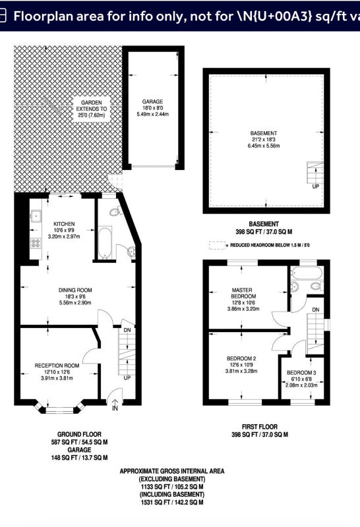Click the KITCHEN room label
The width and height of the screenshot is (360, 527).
click(64, 224)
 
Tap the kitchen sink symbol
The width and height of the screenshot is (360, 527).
click(36, 216)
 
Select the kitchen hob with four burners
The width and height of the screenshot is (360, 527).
click(36, 243)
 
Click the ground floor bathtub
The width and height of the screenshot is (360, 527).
click(105, 243)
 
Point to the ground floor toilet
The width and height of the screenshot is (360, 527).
click(115, 211)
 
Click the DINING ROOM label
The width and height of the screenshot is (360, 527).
click(75, 290)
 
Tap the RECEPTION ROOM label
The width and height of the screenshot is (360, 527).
click(57, 366)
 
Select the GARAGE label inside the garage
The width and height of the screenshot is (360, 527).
click(152, 101)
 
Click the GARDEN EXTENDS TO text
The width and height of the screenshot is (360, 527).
click(92, 105)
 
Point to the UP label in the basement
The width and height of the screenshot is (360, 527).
click(315, 186)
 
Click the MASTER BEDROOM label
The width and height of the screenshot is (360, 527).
click(243, 293)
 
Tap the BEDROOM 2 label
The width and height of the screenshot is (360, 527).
click(241, 358)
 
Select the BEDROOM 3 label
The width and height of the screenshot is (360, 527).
click(301, 373)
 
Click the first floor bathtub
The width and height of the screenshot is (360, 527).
click(307, 273)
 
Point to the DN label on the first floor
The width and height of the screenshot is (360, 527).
click(316, 310)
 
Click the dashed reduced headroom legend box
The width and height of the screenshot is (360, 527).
click(217, 245)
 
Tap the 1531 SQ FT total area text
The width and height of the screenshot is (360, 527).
click(172, 503)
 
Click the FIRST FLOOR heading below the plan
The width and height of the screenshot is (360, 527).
click(260, 427)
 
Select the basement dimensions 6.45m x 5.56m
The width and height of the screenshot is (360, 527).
click(264, 146)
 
